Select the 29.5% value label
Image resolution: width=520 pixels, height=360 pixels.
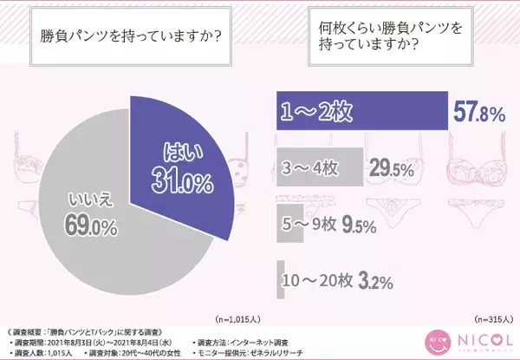[387, 169]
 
